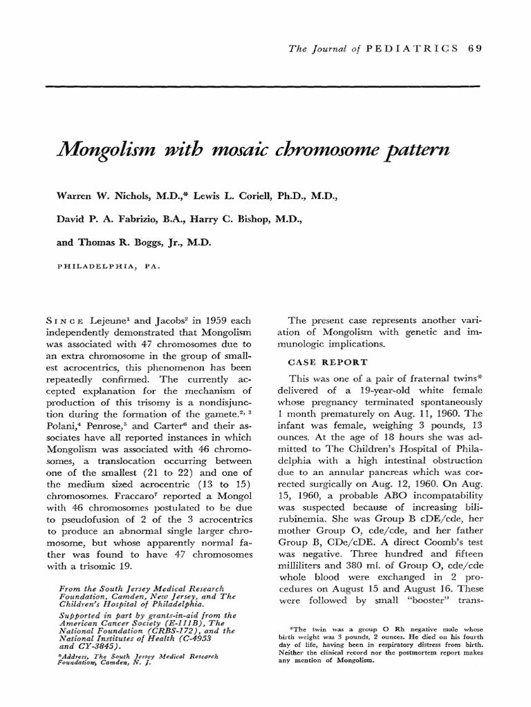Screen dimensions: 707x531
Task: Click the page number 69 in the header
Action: click(x=474, y=48)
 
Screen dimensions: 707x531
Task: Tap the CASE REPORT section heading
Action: click(x=327, y=362)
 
